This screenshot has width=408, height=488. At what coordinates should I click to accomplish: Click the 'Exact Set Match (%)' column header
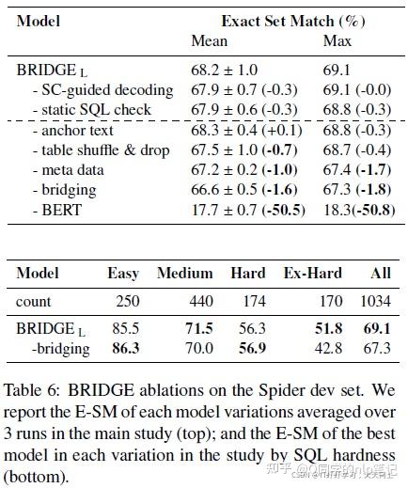tap(292, 20)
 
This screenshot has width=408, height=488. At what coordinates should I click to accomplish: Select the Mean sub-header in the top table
tap(209, 40)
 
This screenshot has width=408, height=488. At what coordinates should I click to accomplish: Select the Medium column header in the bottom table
tap(184, 274)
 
